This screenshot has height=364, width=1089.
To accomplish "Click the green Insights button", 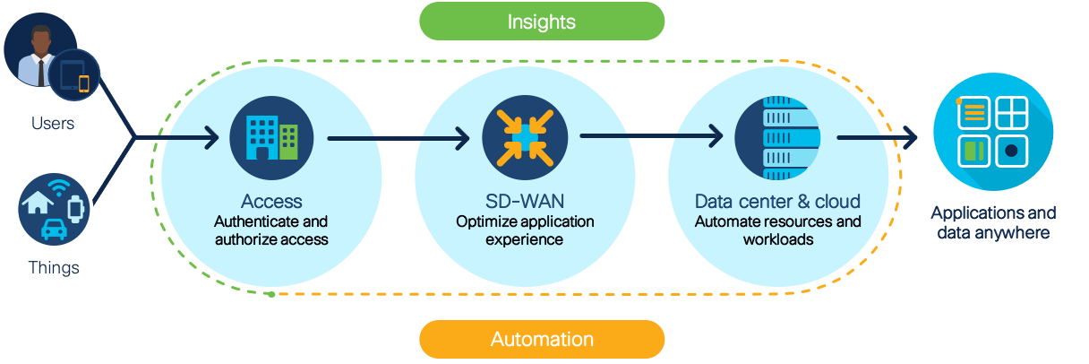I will click(x=542, y=21).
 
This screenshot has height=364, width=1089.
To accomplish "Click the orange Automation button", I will click(x=542, y=340).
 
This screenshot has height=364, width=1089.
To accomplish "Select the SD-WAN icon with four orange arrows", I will click(x=512, y=137).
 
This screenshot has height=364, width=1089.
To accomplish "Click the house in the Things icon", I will click(x=37, y=203).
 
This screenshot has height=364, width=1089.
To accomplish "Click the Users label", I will click(x=53, y=124).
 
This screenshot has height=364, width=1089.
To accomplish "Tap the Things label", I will click(x=53, y=267).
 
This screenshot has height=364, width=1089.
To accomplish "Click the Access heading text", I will click(x=271, y=202).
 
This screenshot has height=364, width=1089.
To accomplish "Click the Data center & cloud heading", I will click(x=777, y=202).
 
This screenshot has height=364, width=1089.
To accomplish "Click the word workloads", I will click(x=777, y=239).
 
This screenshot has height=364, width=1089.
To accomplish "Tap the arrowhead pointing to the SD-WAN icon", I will click(x=461, y=138).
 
